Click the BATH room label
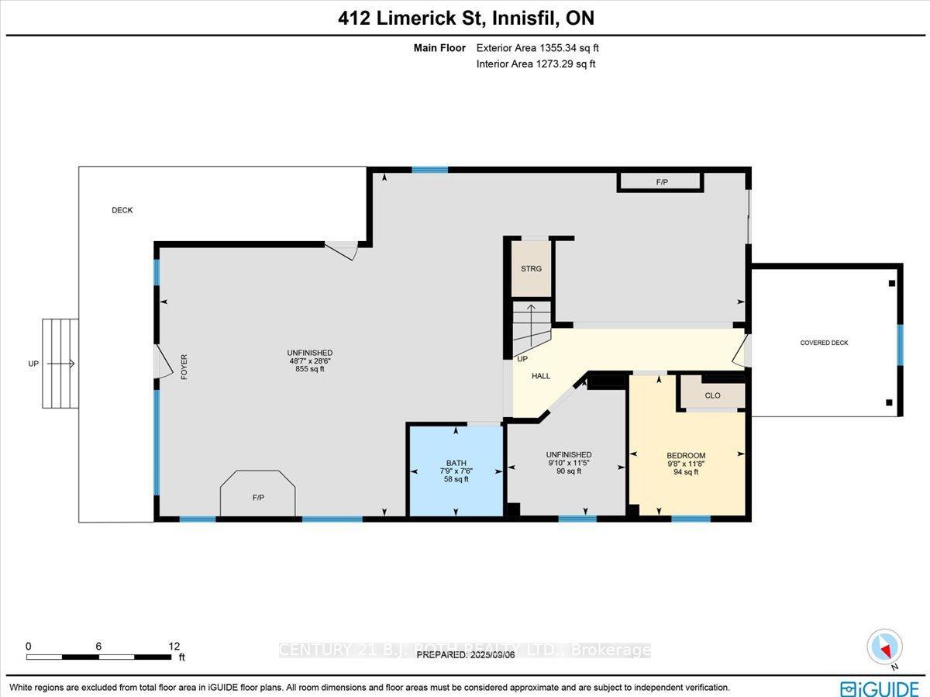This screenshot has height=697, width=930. tap(456, 463)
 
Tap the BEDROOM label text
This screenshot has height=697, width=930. tap(686, 455)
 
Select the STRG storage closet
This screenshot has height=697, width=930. tap(531, 268)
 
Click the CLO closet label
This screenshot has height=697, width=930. tap(712, 395)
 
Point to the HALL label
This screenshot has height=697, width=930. tap(541, 376)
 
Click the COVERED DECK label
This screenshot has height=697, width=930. tap(825, 343)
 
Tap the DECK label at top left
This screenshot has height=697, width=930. tap(122, 210)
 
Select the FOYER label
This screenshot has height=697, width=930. tap(184, 367)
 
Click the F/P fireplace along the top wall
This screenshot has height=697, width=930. tap(661, 183)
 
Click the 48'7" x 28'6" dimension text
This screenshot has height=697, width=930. tap(309, 361)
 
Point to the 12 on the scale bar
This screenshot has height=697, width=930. tap(174, 646)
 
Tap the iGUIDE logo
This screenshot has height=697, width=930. tap(879, 688)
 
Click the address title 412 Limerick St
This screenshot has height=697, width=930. tap(466, 18)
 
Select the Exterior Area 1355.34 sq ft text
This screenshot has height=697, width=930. tap(537, 48)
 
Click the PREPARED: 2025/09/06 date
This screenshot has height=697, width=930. tap(465, 654)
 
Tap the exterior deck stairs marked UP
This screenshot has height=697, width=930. tap(60, 363)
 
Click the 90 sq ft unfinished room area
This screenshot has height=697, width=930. tap(568, 471)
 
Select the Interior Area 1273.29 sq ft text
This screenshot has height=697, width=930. tap(536, 64)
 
